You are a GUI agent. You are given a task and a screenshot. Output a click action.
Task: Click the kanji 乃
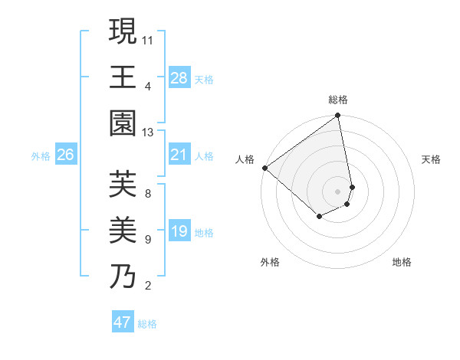click(x=123, y=275)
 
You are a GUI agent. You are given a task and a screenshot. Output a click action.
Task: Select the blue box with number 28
click(x=179, y=77)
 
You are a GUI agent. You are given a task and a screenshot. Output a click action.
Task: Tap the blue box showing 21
click(x=179, y=155)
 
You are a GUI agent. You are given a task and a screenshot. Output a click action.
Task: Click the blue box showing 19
click(x=179, y=231)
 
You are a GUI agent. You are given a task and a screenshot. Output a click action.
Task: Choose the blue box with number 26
click(x=66, y=155)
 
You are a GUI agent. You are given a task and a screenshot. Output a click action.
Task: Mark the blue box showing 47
click(x=123, y=322)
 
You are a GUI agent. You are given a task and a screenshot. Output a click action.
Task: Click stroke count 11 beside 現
click(x=148, y=40)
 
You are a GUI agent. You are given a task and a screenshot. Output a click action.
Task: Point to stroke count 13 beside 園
click(x=148, y=133)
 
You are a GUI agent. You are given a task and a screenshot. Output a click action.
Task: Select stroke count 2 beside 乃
click(x=148, y=286)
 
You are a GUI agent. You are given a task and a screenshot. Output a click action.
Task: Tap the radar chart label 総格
click(x=338, y=100)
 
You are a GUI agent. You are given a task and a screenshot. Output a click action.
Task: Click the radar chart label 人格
click(x=245, y=159)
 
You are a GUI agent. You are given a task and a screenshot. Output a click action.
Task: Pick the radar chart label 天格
click(x=432, y=159)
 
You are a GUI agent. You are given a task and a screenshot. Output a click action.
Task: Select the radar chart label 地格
click(x=402, y=262)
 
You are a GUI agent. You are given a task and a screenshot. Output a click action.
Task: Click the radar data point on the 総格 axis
click(x=338, y=116)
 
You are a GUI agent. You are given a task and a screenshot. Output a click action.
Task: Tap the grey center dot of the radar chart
click(x=338, y=191)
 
